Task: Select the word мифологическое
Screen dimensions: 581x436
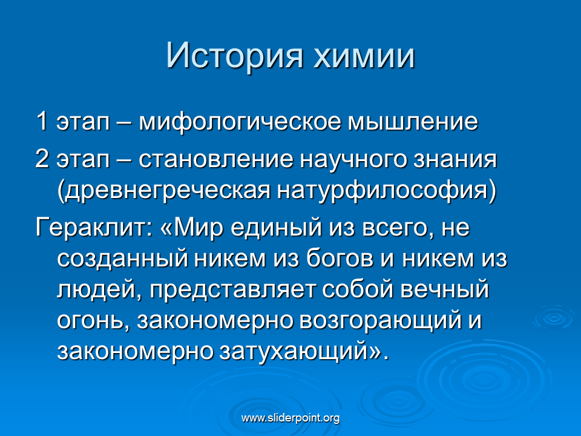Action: pos(240,122)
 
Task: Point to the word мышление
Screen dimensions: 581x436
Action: pos(413,122)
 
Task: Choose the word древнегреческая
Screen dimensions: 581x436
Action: pos(163,191)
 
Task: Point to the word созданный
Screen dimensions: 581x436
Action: pos(122,259)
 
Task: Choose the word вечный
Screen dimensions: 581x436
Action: pos(445,289)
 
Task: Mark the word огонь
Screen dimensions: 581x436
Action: pos(94,321)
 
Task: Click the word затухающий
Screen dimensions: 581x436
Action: pos(293,352)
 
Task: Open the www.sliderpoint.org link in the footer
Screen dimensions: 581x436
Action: pos(290,418)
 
